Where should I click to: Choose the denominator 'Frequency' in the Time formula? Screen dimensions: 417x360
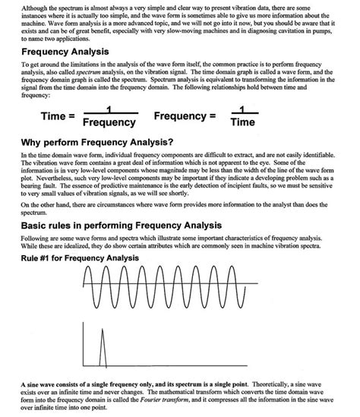109,122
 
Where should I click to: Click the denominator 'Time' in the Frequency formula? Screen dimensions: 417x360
243,122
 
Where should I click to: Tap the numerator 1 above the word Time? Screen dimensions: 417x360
243,109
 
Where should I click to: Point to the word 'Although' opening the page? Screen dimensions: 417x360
34,6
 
